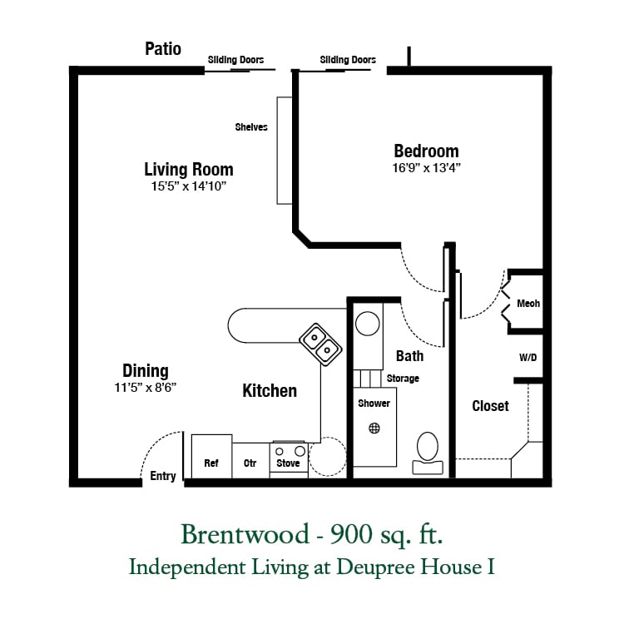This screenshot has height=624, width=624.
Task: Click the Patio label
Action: tap(163, 49)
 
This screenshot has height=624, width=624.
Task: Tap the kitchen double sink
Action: tap(320, 344)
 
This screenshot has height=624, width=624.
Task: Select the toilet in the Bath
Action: tap(428, 453)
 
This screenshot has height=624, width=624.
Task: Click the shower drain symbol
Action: tap(374, 428)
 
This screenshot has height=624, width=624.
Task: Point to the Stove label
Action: tap(288, 463)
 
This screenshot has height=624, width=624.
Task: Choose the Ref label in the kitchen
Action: tap(211, 463)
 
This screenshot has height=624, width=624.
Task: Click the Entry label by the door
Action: tap(163, 476)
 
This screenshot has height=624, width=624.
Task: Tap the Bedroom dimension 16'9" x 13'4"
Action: tap(426, 168)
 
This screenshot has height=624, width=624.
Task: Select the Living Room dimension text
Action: tap(188, 186)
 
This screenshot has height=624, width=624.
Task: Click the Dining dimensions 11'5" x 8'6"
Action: tap(146, 388)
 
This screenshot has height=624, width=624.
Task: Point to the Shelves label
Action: tap(251, 127)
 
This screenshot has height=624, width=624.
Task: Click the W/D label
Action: tap(527, 358)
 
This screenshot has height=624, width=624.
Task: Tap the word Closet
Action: tap(490, 406)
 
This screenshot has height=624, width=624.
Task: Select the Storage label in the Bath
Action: tap(403, 379)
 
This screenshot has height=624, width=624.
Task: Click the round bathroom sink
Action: tap(367, 323)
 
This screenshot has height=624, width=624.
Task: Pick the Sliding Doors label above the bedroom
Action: tap(348, 60)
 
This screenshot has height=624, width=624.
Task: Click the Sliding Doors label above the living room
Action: tap(235, 60)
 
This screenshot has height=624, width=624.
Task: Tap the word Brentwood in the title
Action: tap(245, 534)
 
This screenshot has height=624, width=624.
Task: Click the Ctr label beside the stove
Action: tap(250, 463)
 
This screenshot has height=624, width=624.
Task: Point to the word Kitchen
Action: tap(270, 391)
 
